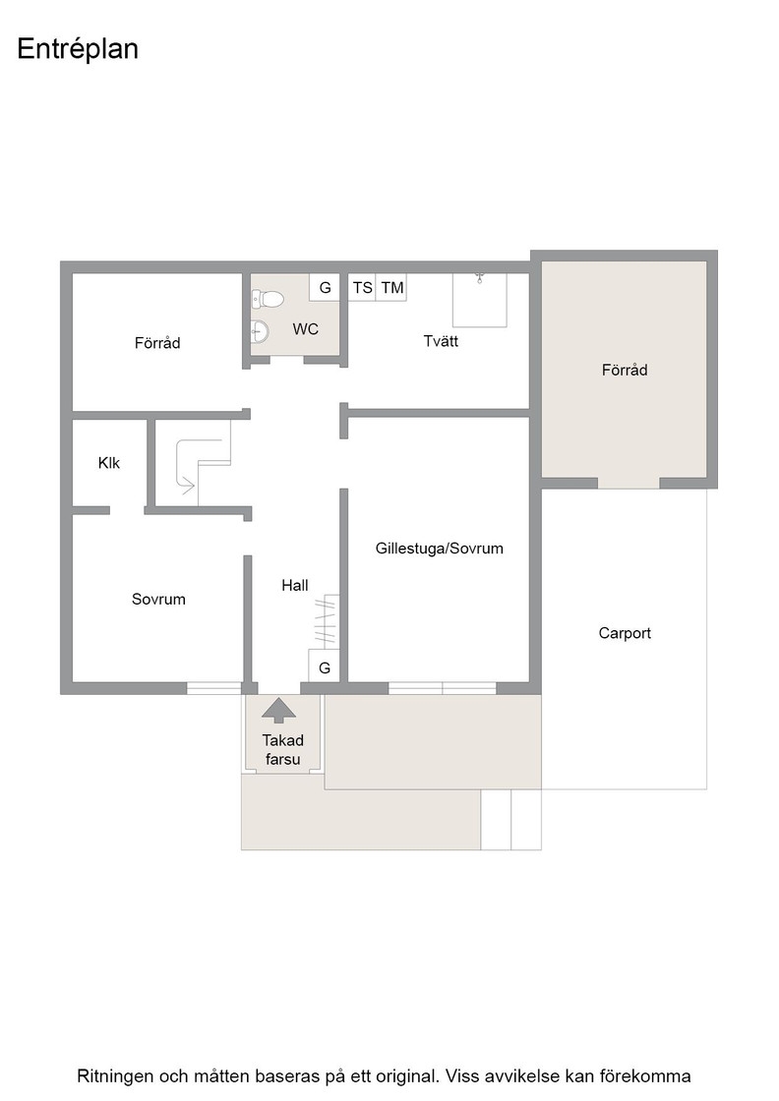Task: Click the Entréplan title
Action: [x=78, y=50]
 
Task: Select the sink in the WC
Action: [x=260, y=330]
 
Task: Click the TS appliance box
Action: [x=363, y=288]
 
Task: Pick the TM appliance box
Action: [x=391, y=288]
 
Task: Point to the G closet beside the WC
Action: [x=325, y=288]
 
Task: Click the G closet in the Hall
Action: [x=325, y=666]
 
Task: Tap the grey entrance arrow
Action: [x=279, y=710]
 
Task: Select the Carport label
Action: [x=625, y=633]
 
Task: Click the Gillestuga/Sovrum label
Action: [x=439, y=549]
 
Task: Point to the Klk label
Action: [x=109, y=463]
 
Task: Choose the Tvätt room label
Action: [x=441, y=341]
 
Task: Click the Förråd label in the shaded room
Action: [x=625, y=370]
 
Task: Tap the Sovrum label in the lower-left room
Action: [x=158, y=599]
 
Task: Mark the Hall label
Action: [x=295, y=586]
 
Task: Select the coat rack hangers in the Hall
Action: [x=327, y=621]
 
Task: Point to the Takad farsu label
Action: [x=282, y=750]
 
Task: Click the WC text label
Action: [x=306, y=329]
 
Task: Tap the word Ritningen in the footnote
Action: [x=113, y=1076]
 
